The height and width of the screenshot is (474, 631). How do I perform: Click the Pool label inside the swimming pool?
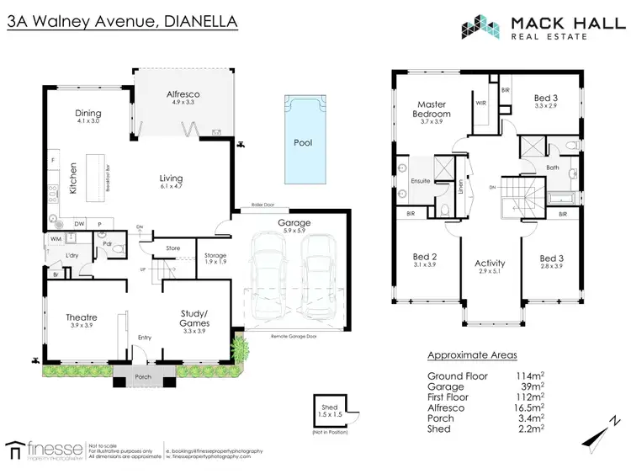click(303, 143)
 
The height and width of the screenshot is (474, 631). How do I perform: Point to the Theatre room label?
click(82, 317)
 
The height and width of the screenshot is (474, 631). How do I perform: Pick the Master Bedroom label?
click(431, 109)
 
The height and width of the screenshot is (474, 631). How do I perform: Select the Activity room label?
click(490, 264)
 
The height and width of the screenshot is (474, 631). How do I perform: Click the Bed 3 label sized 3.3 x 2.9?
click(546, 99)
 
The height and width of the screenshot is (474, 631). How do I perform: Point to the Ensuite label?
click(420, 180)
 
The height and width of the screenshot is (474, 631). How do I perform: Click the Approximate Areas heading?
click(472, 355)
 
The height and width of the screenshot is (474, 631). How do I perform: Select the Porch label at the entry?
click(143, 376)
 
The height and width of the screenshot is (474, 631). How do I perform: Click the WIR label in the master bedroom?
click(481, 104)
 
